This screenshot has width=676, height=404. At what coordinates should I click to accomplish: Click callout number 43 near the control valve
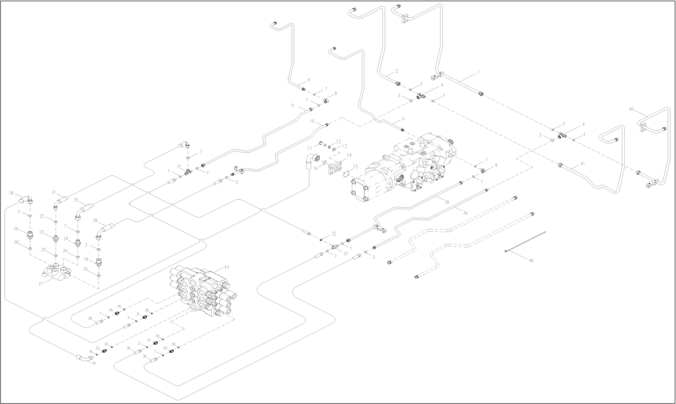click(226, 267)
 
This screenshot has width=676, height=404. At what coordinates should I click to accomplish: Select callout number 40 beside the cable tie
click(531, 260)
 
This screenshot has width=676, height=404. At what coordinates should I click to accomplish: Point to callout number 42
click(632, 109)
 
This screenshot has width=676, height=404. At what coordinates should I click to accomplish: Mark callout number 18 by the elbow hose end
click(11, 192)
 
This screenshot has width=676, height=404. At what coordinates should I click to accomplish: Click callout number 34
click(94, 364)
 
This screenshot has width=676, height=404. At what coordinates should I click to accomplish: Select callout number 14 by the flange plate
click(348, 155)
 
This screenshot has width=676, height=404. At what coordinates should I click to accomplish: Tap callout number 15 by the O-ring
click(356, 167)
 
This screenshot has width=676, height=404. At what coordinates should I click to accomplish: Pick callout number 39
click(465, 213)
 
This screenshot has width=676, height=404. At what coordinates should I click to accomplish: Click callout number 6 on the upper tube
click(308, 79)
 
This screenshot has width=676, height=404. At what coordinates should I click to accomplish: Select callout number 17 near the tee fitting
click(179, 167)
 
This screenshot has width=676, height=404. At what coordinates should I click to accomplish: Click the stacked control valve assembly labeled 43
click(202, 290)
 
